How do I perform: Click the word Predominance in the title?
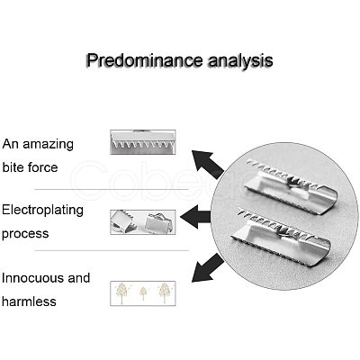145,60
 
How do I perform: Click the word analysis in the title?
240,61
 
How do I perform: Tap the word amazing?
48,145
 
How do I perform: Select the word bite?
13,166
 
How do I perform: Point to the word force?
42,166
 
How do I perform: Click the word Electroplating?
42,211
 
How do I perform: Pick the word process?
25,234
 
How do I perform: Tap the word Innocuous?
32,278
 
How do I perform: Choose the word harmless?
29,301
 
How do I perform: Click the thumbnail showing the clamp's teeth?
143,142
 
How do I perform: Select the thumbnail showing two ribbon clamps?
143,222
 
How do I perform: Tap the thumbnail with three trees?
143,293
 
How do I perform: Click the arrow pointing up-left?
208,165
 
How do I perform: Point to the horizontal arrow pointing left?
195,217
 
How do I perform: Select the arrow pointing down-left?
208,268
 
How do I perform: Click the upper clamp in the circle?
291,186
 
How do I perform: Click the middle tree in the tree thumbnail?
143,293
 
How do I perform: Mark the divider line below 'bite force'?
112,189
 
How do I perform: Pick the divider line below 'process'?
112,250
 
